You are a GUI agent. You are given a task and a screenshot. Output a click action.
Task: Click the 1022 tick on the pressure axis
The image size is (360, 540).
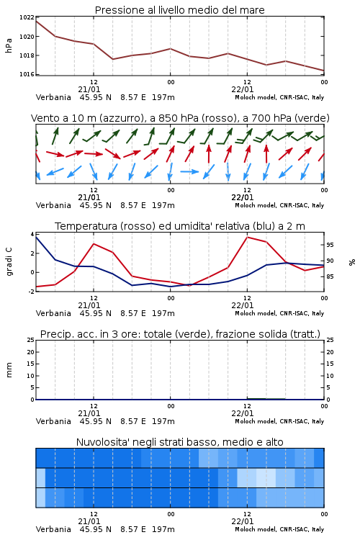(x=27, y=17)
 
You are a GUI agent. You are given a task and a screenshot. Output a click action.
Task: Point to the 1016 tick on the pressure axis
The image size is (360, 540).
(x=27, y=74)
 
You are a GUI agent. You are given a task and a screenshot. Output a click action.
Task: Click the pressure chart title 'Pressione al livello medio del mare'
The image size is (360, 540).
(x=180, y=10)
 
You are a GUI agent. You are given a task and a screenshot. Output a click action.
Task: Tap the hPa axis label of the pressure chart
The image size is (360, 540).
(x=9, y=45)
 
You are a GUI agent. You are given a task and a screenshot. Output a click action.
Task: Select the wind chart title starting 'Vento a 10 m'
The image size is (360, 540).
(x=180, y=118)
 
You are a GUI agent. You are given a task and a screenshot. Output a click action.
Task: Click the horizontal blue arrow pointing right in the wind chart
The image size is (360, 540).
(x=189, y=171)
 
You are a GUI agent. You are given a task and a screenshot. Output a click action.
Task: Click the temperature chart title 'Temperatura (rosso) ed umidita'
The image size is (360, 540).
(x=180, y=226)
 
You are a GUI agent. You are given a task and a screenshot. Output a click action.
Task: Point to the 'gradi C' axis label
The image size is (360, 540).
(x=9, y=262)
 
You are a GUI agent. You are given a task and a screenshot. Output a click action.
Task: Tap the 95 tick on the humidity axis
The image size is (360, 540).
(x=330, y=245)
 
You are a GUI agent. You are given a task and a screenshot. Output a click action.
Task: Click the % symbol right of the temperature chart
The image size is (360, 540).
(x=352, y=262)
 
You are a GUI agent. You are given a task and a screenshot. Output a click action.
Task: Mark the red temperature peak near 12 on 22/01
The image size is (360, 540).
(x=248, y=237)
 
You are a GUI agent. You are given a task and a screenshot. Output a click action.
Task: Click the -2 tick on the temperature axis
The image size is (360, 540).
(x=31, y=292)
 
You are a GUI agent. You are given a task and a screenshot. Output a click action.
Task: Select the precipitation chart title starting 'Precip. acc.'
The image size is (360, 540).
(x=180, y=334)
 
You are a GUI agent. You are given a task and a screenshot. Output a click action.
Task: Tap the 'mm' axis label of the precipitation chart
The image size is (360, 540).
(x=9, y=370)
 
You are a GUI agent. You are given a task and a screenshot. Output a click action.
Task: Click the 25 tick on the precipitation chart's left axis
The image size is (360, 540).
(x=30, y=340)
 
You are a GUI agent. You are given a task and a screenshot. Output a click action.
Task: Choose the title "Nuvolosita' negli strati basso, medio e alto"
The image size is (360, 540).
(x=180, y=442)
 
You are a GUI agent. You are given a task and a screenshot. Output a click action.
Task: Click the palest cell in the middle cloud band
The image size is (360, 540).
(x=266, y=478)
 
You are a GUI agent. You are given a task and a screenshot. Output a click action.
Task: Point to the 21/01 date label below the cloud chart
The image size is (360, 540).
(x=89, y=521)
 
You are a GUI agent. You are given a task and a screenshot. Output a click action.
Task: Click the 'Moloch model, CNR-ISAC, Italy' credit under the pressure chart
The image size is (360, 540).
(x=279, y=97)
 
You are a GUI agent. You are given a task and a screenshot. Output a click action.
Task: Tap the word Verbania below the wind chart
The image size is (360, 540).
(x=53, y=205)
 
